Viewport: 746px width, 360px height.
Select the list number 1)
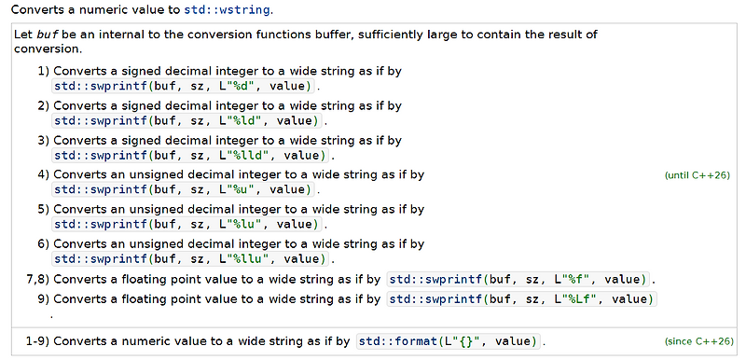43,71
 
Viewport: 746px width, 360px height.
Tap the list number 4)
43,174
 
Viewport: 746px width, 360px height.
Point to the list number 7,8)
36,278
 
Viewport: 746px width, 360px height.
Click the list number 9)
43,298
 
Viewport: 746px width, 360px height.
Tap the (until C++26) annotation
697,174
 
